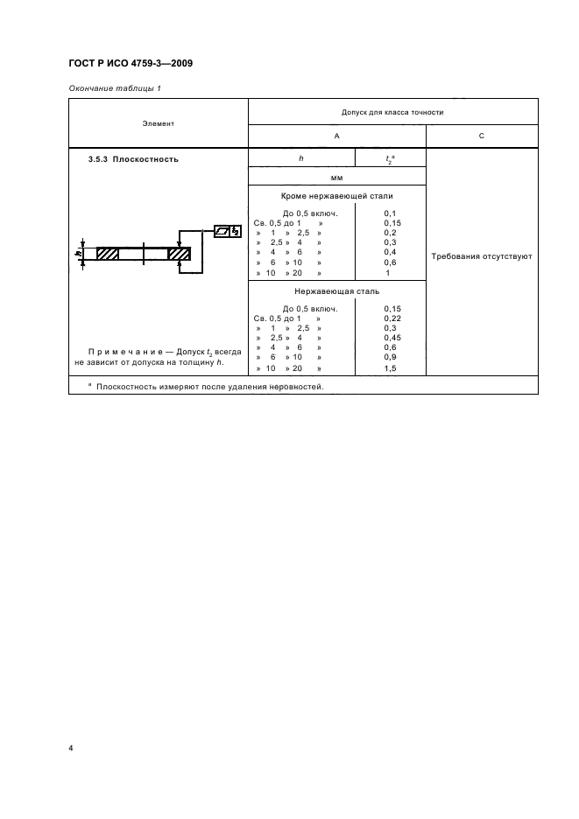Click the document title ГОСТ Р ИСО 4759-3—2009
click(124, 64)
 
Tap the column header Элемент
click(158, 123)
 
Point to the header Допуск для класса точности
click(393, 114)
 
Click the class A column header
click(336, 136)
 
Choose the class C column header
click(481, 136)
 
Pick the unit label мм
click(336, 178)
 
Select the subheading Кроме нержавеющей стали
click(336, 196)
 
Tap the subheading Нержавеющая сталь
click(336, 291)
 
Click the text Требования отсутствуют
click(481, 257)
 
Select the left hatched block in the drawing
click(108, 254)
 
